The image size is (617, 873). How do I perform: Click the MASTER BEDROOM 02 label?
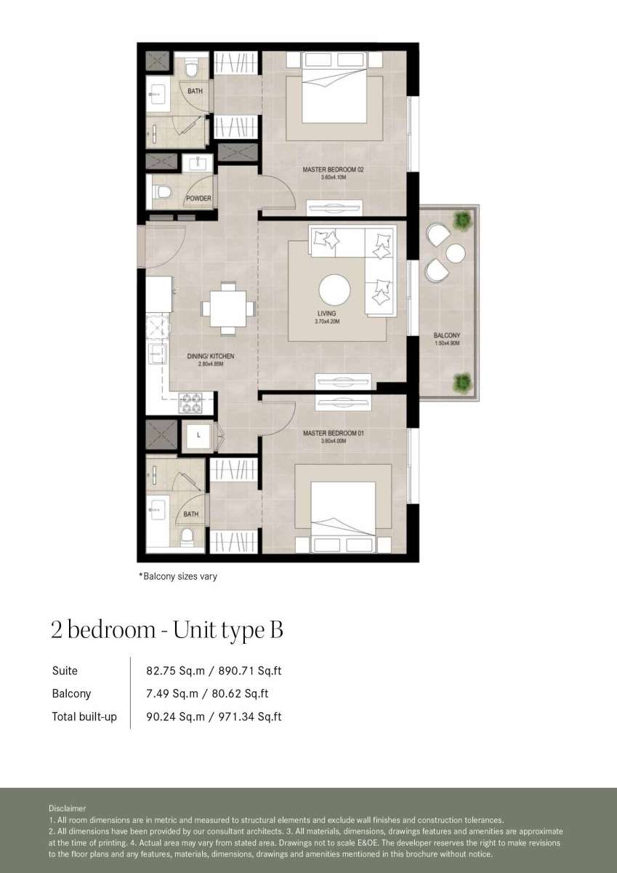pos(334,170)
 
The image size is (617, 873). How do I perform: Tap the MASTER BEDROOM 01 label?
pos(334,433)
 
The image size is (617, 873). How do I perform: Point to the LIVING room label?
pos(326,314)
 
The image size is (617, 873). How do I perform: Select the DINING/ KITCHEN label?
pos(211,356)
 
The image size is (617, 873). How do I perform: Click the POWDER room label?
pos(198,199)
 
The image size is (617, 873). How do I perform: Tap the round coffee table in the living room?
pos(334,290)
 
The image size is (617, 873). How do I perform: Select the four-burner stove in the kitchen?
pos(190,403)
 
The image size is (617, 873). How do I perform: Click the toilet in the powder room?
pos(163,192)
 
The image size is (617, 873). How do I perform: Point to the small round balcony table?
pos(456,254)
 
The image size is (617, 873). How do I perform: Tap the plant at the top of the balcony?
pos(462,220)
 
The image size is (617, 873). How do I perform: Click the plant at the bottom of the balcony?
pos(462,382)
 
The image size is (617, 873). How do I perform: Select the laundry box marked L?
pos(198,435)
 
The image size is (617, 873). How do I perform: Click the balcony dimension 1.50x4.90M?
pos(447,343)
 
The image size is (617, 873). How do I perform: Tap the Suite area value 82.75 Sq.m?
pos(175,671)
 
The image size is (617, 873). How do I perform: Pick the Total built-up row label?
pos(84,717)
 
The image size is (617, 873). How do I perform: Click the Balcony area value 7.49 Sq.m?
pos(172,694)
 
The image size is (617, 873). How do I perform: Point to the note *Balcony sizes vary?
pos(178,576)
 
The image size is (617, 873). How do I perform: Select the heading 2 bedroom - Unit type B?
pos(167,630)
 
